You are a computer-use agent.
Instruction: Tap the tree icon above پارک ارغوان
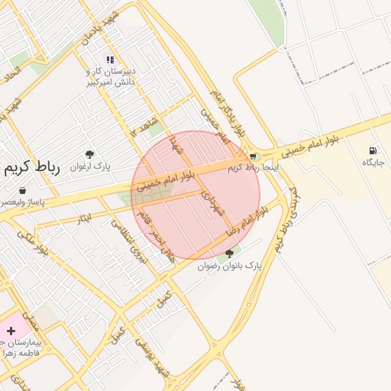coord(89,155)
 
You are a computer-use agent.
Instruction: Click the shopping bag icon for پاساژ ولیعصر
coord(21,190)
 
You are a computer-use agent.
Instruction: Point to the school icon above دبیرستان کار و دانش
coord(110,59)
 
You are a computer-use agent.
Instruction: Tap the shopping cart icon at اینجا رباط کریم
coord(254,157)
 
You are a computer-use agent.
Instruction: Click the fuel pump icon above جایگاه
coord(373,151)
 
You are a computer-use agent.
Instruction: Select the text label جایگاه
coord(373,163)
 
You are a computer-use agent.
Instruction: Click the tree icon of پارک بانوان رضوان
coord(231,254)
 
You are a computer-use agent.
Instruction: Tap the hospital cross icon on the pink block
coord(11,331)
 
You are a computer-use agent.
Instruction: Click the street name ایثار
coord(82,219)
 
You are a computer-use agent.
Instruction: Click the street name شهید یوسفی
coord(152,356)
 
